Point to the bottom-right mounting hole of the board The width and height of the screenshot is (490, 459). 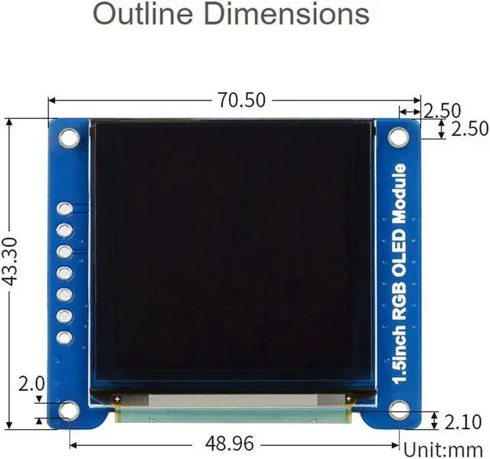tap(400, 411)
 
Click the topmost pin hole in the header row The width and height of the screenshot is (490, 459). tap(65, 208)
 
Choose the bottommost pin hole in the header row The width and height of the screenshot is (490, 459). tap(65, 337)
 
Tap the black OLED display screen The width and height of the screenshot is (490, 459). tap(233, 253)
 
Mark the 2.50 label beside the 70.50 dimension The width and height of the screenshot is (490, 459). tap(442, 110)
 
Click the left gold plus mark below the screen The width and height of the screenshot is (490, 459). tap(116, 398)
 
